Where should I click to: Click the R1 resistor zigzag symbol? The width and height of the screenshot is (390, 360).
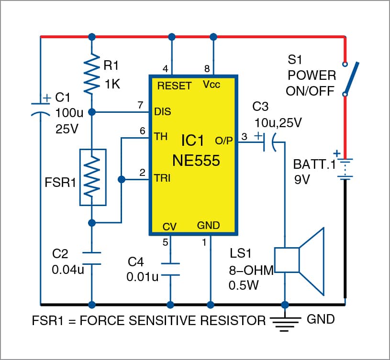click(x=91, y=74)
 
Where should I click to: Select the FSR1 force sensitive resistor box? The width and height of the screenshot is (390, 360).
click(x=92, y=177)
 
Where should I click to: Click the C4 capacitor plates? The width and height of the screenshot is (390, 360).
click(x=170, y=269)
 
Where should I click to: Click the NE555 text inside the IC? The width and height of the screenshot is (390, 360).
click(x=193, y=160)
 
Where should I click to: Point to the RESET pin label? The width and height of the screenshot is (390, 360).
click(x=174, y=86)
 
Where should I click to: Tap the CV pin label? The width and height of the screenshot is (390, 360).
click(x=170, y=225)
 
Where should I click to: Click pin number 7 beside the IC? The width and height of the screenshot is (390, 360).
click(x=140, y=105)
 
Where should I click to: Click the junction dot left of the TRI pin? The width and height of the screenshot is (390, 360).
click(x=122, y=180)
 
